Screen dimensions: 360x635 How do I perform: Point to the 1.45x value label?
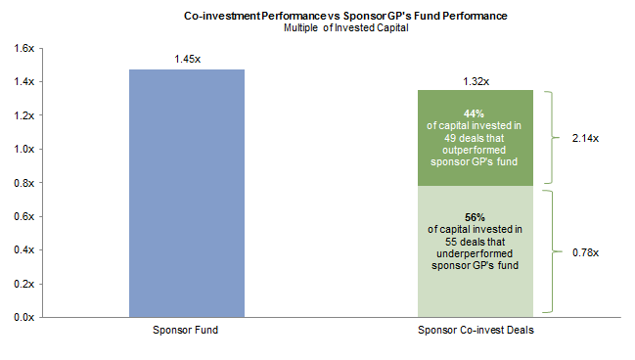pos(187,59)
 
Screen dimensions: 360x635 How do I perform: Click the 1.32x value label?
pos(476,80)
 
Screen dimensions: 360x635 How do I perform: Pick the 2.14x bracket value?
pos(584,138)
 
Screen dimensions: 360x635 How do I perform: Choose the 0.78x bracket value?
pos(584,252)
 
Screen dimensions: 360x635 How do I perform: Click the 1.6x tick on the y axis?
pos(23,48)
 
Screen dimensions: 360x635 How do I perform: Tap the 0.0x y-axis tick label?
pos(23,317)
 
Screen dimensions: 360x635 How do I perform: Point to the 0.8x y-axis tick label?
pos(23,183)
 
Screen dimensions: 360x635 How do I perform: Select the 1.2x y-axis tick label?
pos(23,115)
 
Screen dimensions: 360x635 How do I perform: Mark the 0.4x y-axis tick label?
pos(23,249)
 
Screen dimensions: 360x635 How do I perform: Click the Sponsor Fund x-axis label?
pos(187,331)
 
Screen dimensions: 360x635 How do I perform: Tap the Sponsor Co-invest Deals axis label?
pos(476,331)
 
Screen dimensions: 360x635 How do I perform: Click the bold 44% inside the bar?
pos(476,112)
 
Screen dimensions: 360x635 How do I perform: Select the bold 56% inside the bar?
pos(476,217)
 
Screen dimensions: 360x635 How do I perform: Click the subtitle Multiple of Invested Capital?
pos(345,27)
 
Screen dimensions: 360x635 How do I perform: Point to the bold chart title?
pos(345,16)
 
